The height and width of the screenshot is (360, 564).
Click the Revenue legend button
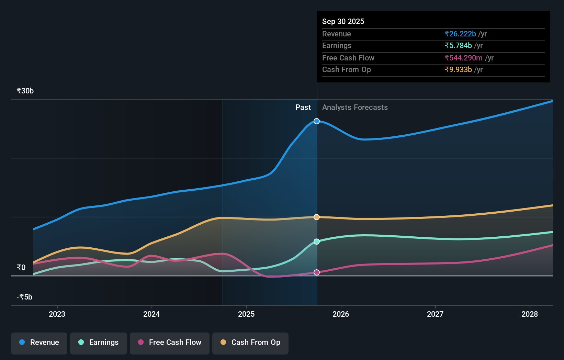point(39,343)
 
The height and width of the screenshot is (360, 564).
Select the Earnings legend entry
point(99,343)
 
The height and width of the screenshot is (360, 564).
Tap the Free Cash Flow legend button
point(170,343)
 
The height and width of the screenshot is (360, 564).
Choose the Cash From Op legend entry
point(250,343)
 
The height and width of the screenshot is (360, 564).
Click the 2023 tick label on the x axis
point(57,314)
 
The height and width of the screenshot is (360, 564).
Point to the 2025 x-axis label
point(246,314)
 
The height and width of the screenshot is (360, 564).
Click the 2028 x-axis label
point(529,314)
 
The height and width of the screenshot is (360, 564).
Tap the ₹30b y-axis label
point(25,91)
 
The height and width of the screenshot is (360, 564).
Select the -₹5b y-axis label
point(24,297)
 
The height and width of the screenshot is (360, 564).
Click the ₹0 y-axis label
point(21,267)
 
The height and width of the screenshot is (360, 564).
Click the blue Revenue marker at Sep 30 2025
point(317,121)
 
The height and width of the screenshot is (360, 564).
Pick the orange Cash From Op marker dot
point(317,217)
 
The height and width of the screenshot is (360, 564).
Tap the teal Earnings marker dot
point(317,241)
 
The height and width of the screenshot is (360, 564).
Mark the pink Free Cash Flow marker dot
point(317,272)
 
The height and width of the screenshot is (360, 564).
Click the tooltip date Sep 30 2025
point(343,21)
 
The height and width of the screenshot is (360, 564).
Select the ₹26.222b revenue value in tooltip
point(460,34)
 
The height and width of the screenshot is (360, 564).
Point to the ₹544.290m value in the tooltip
point(463,58)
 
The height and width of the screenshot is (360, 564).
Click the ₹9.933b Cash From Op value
point(458,69)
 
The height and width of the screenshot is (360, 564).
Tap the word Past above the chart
point(303,108)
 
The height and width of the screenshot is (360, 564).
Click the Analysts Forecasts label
point(355,108)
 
